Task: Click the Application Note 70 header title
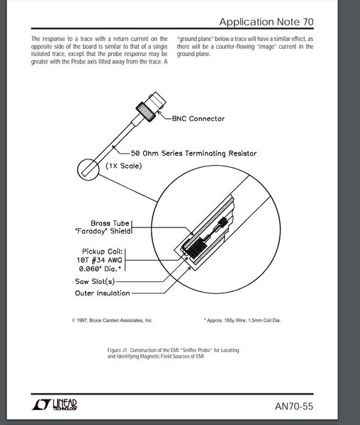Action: [266, 22]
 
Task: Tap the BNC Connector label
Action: [198, 118]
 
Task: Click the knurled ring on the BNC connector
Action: [145, 111]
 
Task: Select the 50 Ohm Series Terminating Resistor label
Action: [193, 153]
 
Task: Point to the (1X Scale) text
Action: [124, 166]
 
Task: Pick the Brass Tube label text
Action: [110, 223]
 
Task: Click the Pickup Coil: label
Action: [102, 251]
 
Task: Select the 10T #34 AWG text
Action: [99, 260]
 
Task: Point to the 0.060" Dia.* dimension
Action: [100, 268]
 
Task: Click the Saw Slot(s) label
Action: [95, 281]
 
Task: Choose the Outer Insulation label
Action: [103, 293]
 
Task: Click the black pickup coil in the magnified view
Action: [197, 247]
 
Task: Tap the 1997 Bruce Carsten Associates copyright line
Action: [112, 320]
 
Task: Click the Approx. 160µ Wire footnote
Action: [242, 320]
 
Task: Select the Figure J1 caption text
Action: [173, 353]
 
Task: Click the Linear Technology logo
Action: [55, 404]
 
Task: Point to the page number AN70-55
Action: [294, 407]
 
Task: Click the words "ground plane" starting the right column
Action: [195, 39]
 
